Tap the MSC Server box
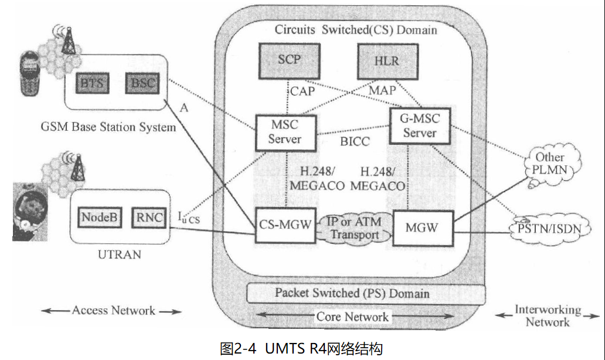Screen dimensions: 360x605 pyautogui.click(x=285, y=132)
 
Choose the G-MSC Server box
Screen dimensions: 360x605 pyautogui.click(x=420, y=125)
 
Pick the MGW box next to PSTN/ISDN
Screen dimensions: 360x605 pyautogui.click(x=423, y=227)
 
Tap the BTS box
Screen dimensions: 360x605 pyautogui.click(x=92, y=83)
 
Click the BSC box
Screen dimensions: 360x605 pyautogui.click(x=142, y=83)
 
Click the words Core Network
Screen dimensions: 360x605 pyautogui.click(x=352, y=317)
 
